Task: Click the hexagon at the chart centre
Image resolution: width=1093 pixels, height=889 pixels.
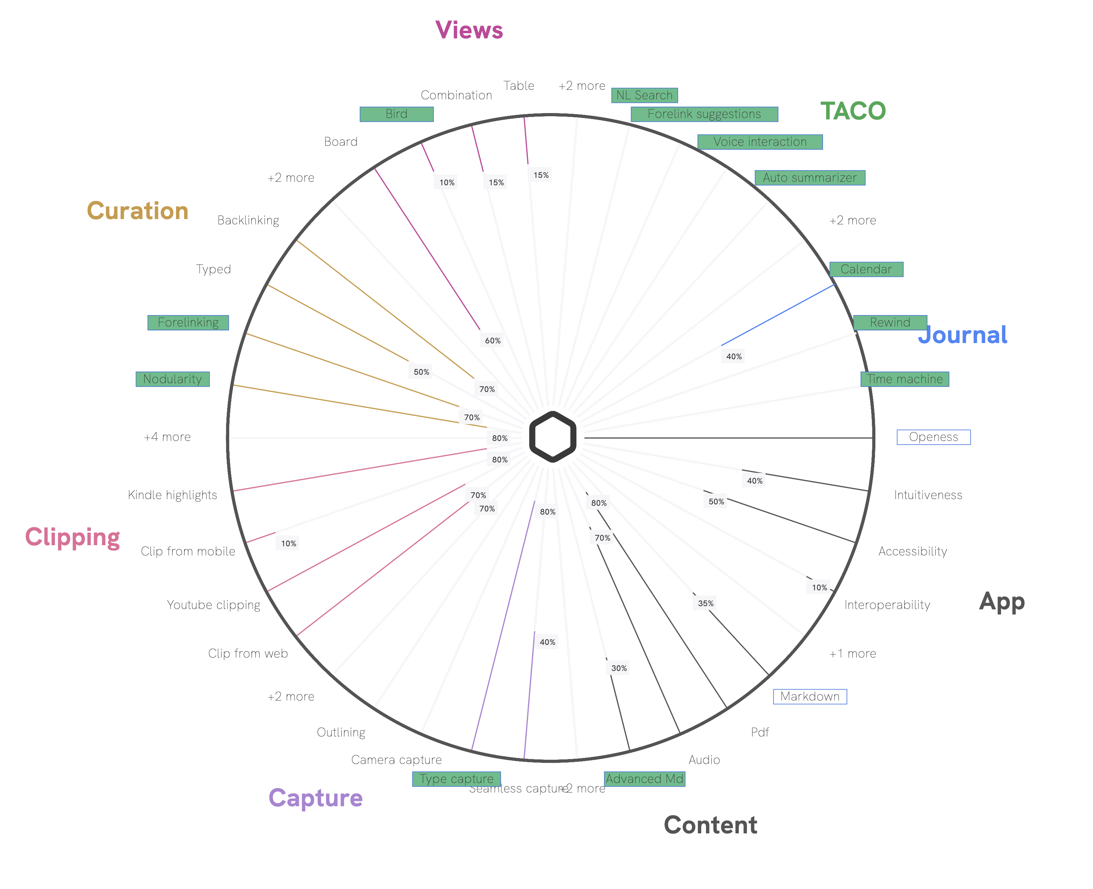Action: click(552, 436)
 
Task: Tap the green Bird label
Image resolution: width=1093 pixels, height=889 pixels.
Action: click(396, 114)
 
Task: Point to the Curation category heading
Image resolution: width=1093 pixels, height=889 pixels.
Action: click(137, 211)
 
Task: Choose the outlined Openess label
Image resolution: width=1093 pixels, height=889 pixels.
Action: click(933, 437)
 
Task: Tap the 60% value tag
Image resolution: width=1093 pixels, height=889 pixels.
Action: click(493, 341)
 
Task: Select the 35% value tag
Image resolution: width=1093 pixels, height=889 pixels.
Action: click(705, 603)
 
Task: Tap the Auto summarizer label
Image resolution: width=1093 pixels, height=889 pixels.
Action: click(810, 178)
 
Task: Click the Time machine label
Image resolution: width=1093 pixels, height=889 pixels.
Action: click(904, 379)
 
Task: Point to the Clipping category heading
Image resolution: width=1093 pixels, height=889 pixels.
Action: click(72, 537)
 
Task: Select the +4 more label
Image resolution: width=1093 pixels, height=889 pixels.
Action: click(167, 437)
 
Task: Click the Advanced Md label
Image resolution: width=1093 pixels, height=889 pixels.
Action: click(644, 778)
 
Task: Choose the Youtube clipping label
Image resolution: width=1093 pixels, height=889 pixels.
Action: click(213, 605)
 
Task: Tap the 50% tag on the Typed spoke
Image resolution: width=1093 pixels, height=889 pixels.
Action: click(421, 372)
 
